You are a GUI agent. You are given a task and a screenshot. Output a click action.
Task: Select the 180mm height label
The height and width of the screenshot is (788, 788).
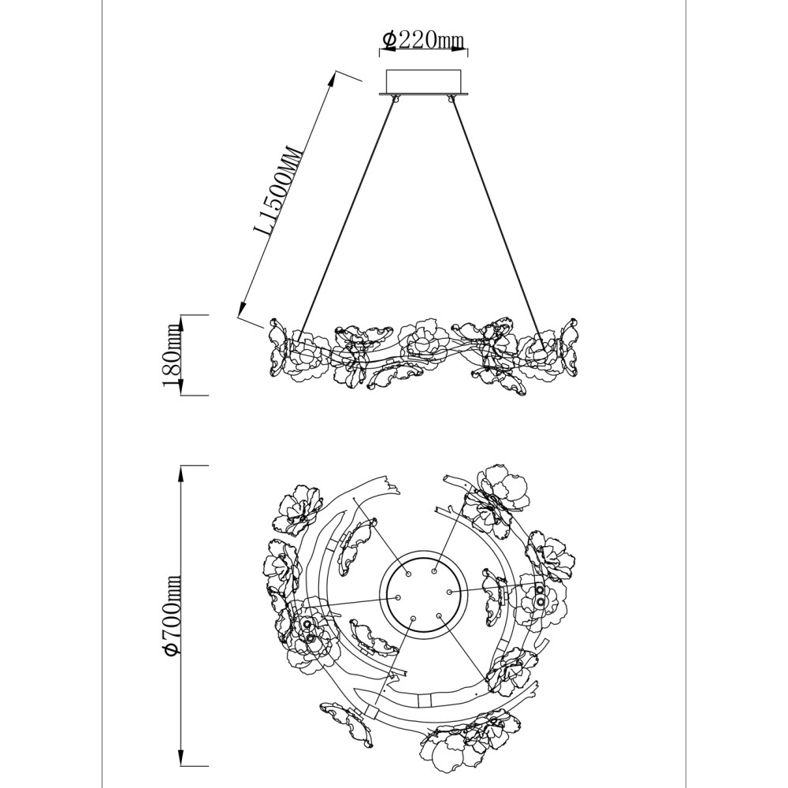[171, 356]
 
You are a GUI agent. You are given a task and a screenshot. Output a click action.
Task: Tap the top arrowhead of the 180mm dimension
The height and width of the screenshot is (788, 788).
[180, 322]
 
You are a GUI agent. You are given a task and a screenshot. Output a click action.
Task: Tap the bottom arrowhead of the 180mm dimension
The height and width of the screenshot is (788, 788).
[180, 388]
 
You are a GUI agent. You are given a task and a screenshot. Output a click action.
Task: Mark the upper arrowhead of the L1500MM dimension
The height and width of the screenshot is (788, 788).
[333, 79]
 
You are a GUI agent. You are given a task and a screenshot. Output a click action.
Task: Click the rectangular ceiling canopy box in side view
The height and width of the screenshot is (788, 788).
[423, 81]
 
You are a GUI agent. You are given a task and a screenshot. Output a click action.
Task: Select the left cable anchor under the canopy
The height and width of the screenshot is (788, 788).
[396, 98]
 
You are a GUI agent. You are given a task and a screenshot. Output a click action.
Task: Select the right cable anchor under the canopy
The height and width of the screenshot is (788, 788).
[450, 98]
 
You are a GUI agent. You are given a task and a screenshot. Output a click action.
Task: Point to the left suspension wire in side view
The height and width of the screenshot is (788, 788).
[348, 217]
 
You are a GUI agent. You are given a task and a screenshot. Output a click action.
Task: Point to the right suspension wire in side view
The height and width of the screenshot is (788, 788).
[497, 217]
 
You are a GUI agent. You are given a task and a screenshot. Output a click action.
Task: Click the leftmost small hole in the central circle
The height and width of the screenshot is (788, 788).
[398, 597]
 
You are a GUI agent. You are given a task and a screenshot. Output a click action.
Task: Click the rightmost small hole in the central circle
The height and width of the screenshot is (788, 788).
[449, 592]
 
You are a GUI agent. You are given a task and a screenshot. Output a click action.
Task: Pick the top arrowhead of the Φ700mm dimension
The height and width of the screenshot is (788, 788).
[180, 472]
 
